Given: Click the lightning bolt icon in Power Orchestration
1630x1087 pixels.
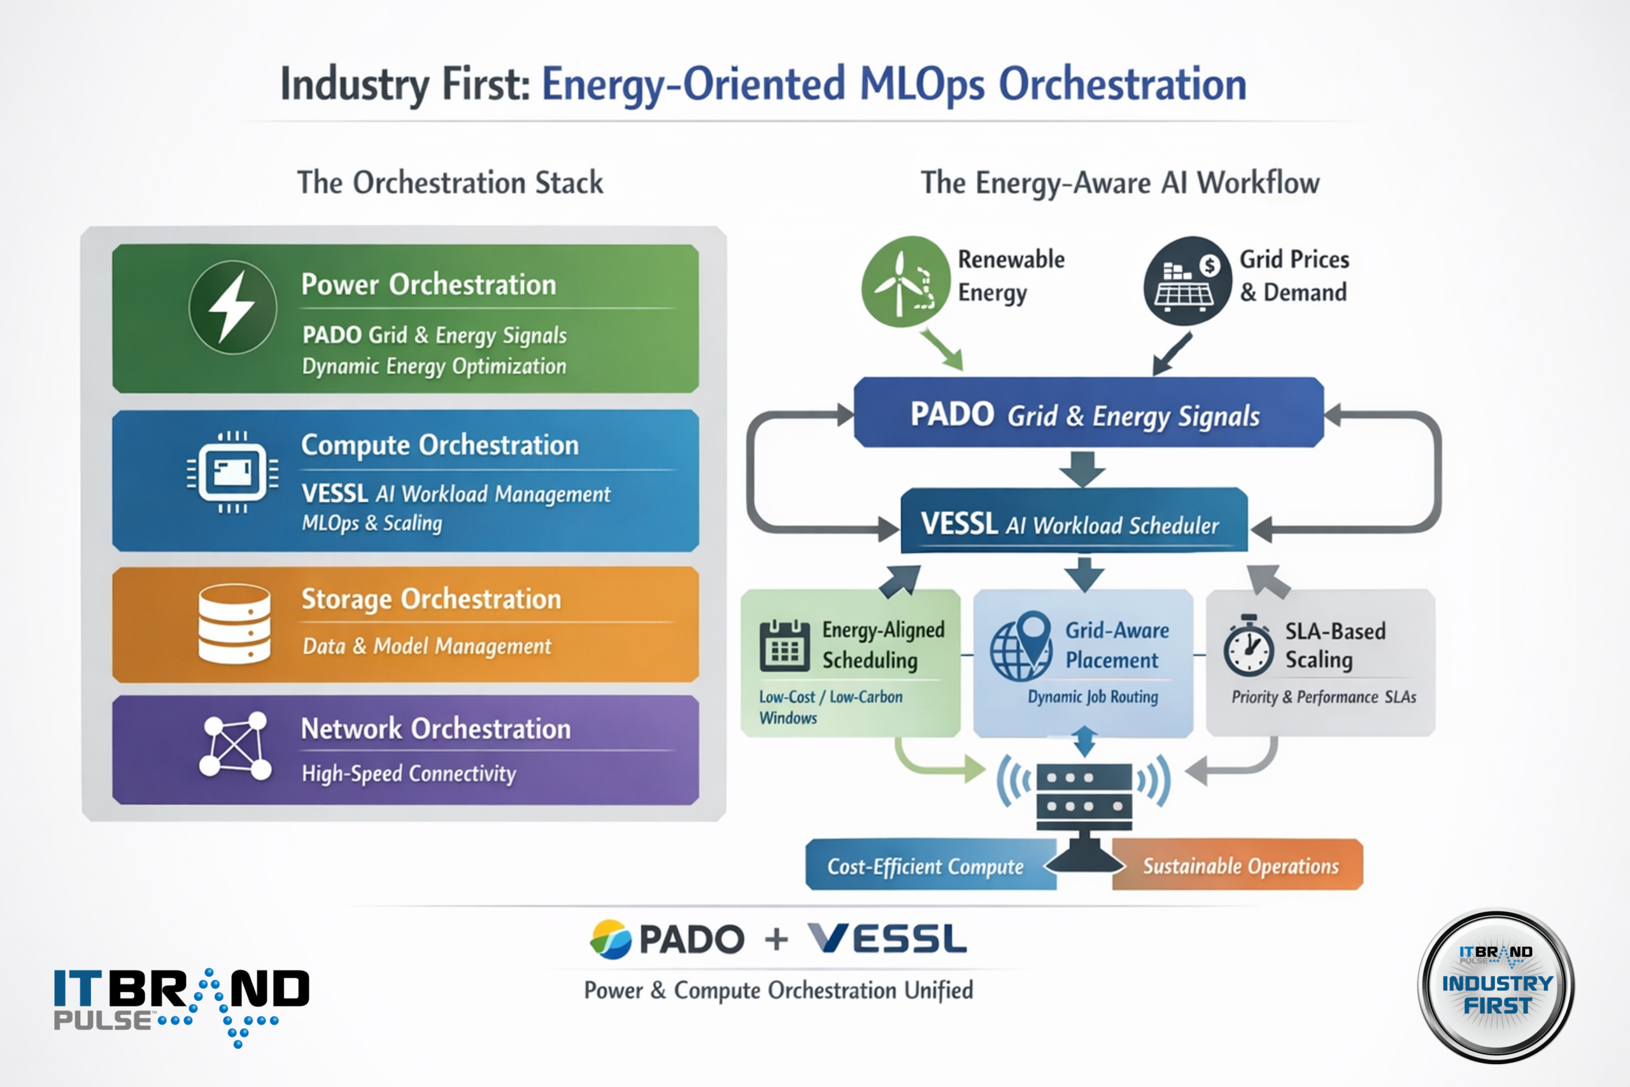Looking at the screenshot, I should tap(233, 307).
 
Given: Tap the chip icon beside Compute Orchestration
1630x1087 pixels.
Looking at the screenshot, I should tap(233, 472).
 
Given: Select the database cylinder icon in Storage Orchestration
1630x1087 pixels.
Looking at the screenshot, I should tap(234, 624).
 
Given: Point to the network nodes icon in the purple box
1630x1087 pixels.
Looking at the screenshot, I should tap(235, 746).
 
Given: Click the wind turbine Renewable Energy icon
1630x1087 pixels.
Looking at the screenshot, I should tap(905, 281).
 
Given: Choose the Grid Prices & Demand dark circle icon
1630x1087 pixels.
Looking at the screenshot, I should tap(1187, 281).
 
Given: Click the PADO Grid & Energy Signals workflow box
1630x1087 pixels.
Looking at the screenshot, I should tap(1088, 413).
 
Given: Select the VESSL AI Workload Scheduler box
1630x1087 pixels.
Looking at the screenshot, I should tap(1074, 523).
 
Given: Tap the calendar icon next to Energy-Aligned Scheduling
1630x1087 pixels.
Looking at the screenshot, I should tap(784, 646).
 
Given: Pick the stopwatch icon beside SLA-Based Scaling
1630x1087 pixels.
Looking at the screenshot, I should tap(1248, 646).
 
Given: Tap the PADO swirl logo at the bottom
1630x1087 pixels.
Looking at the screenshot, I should tap(611, 939).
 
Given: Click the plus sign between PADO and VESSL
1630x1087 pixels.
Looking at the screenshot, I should tap(776, 940).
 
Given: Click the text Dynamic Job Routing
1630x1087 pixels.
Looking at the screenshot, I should tap(1092, 697).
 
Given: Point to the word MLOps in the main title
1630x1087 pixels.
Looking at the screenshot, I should tap(922, 85).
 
